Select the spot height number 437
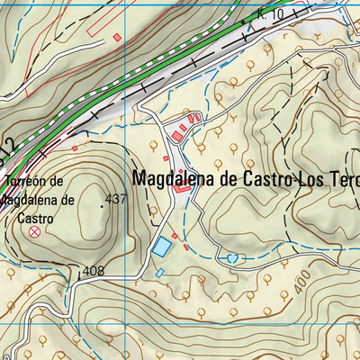click(x=115, y=200)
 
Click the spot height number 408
click(x=93, y=271)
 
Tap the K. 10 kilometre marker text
click(x=268, y=13)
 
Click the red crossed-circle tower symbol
click(x=35, y=232)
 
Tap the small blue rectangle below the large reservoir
click(x=159, y=273)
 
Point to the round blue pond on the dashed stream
click(x=234, y=258)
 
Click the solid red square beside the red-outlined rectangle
click(x=116, y=37)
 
